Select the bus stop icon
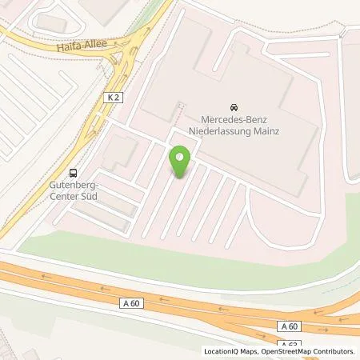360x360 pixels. [x=74, y=172]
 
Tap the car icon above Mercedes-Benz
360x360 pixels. [x=233, y=107]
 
